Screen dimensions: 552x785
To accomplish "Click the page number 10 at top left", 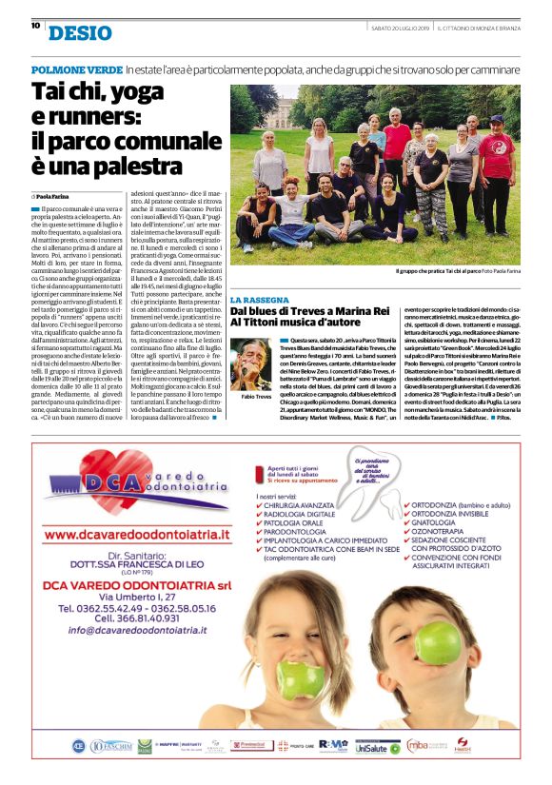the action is (x=35, y=26).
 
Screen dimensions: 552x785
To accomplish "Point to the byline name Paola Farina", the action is (x=59, y=196).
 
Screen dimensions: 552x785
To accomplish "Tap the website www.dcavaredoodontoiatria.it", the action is (x=139, y=535).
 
